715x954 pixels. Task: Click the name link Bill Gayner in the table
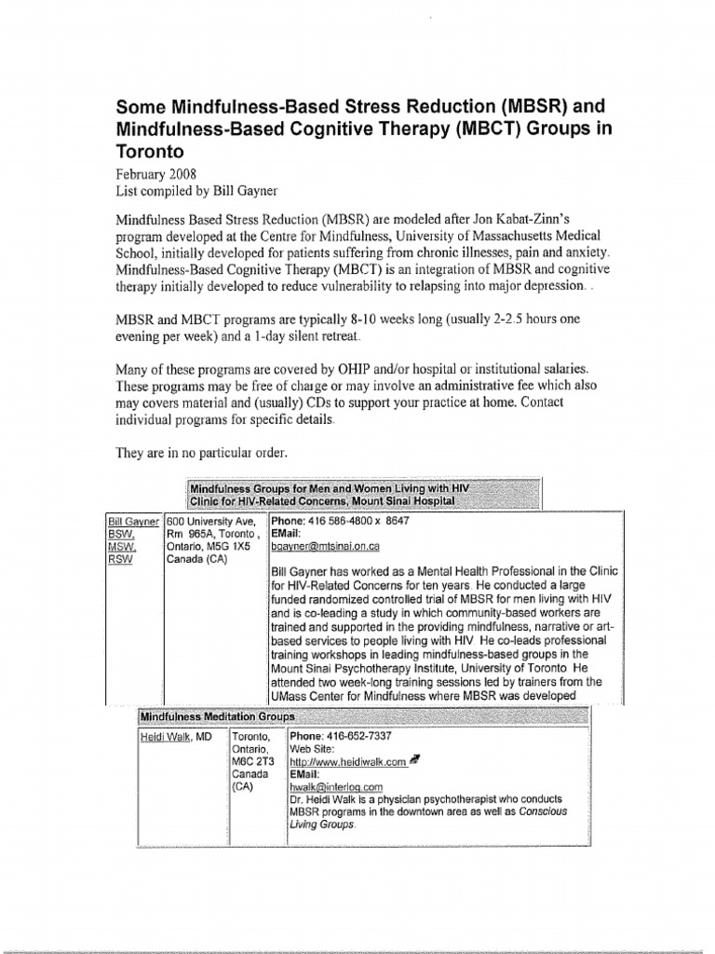point(135,521)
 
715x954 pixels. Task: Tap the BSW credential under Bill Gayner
point(119,535)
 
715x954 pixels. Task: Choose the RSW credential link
point(119,562)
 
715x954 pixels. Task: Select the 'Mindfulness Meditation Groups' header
point(217,716)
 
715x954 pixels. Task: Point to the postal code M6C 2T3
point(250,761)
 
